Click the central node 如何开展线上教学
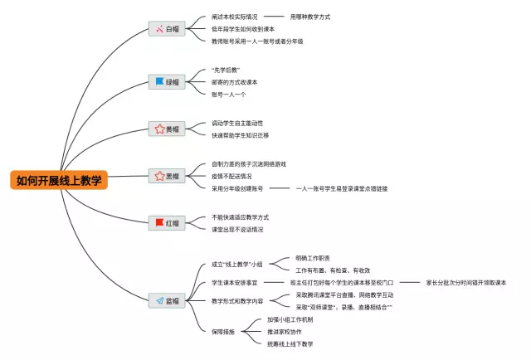[x=60, y=180]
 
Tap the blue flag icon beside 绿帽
[x=159, y=81]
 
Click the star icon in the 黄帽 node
[x=159, y=129]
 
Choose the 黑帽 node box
[x=166, y=176]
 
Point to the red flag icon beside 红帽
[x=159, y=223]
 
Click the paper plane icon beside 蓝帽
[x=159, y=300]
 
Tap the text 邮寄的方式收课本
[x=235, y=81]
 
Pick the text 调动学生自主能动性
[x=237, y=123]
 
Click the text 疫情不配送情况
[x=232, y=176]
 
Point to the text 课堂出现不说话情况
[x=237, y=229]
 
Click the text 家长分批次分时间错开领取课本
[x=465, y=282]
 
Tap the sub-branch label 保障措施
[x=224, y=331]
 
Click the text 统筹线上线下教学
[x=290, y=343]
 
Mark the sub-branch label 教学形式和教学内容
[x=238, y=300]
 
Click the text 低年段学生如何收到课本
[x=243, y=28]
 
